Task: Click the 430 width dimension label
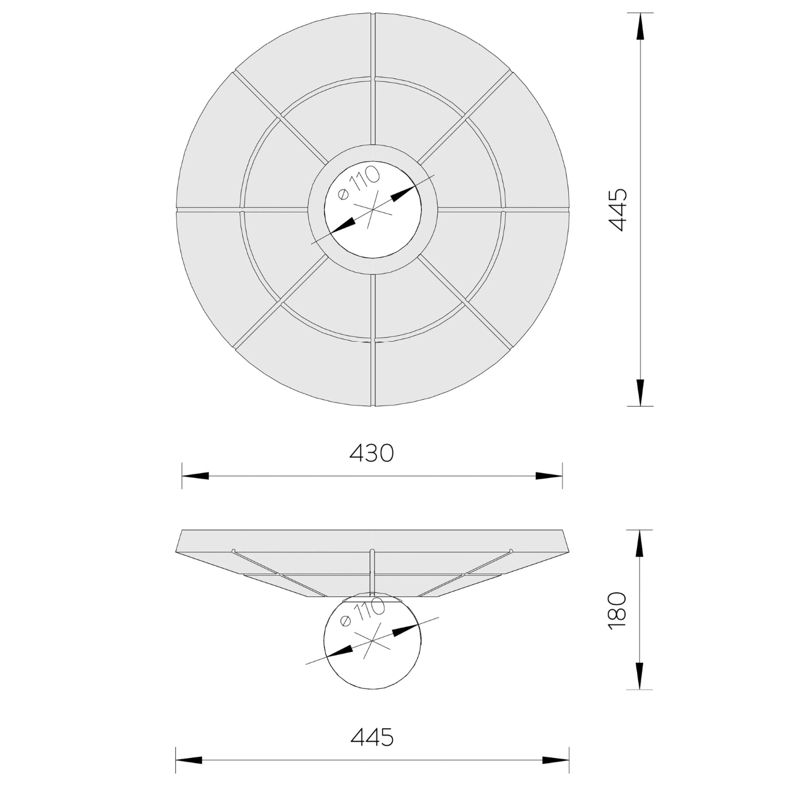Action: coord(372,453)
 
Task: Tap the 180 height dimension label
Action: coord(618,611)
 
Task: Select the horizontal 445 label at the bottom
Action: coord(372,737)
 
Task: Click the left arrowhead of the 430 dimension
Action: coord(195,476)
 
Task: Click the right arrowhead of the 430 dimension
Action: coord(549,476)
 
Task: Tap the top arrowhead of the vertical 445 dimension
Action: coord(640,26)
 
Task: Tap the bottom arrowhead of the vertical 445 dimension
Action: coord(640,392)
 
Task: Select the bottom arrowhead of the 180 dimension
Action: coord(640,676)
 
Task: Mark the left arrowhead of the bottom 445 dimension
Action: coord(189,761)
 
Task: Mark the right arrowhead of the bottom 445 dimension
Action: coord(556,761)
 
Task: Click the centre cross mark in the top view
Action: coord(373,209)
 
